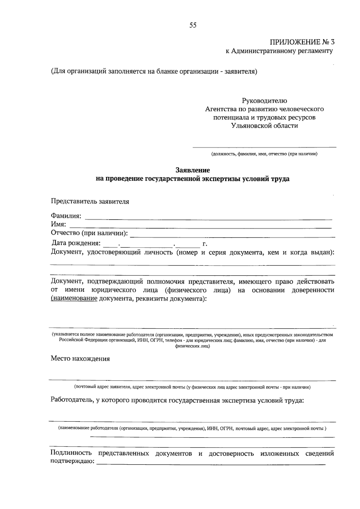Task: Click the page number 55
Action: [193, 26]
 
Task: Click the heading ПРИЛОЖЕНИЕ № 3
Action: [302, 42]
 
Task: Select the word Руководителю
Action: [264, 101]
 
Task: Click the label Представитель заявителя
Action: [90, 201]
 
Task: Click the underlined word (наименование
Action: [74, 299]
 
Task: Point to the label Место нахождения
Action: [80, 359]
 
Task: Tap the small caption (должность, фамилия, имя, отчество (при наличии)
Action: [264, 154]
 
